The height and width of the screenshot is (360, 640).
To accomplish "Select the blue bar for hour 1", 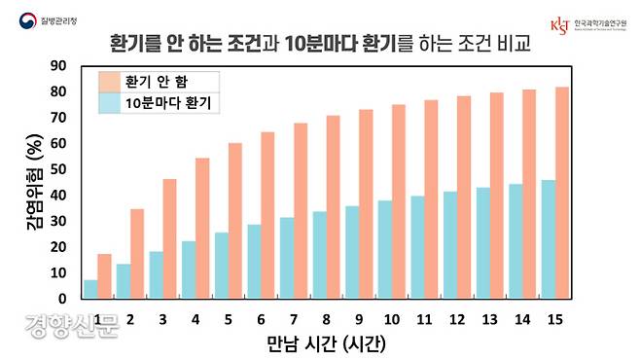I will pyautogui.click(x=91, y=289).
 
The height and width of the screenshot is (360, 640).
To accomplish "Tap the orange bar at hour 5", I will pyautogui.click(x=234, y=221).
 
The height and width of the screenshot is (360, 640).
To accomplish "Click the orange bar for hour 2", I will pyautogui.click(x=137, y=253).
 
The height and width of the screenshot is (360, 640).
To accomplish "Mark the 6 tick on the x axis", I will pyautogui.click(x=260, y=318).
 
